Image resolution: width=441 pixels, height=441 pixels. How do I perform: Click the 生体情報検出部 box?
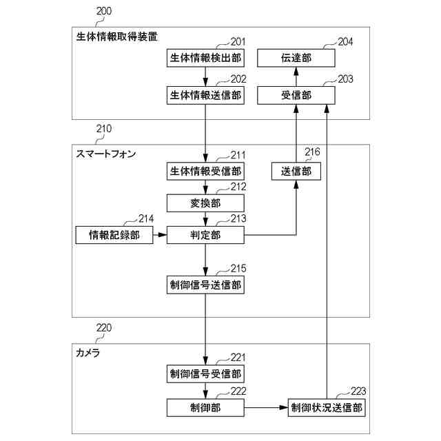205,59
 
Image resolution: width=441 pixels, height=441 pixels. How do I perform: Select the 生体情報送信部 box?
205,96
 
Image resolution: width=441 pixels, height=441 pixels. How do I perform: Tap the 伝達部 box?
296,59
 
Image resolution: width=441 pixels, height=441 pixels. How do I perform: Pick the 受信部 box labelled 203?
296,96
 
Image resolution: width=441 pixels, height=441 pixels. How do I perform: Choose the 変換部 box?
205,203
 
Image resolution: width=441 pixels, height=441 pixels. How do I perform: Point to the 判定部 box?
205,236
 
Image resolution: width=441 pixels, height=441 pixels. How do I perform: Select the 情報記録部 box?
114,236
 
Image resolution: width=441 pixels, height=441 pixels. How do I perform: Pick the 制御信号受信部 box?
205,374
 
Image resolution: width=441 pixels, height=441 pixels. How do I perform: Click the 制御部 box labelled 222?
205,407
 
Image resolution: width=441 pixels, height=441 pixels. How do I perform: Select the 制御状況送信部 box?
326,407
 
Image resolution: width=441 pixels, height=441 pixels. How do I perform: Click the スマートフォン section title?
105,154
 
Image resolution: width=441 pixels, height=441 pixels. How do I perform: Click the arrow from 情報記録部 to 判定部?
159,236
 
